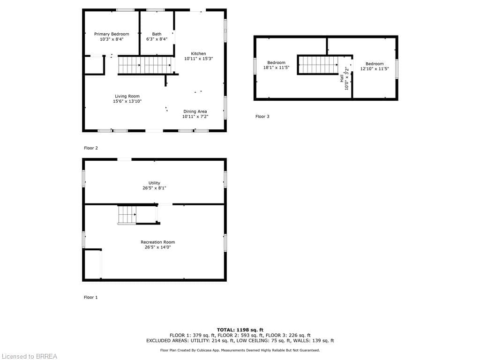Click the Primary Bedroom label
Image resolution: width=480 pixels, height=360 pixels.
[x=112, y=34]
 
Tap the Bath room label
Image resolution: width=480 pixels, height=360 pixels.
[x=157, y=34]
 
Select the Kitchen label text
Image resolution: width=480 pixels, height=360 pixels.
[x=198, y=53]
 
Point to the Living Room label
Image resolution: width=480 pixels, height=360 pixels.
[x=127, y=96]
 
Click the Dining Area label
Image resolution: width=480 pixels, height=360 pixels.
[x=195, y=112]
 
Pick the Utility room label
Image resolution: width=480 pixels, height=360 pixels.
[x=154, y=183]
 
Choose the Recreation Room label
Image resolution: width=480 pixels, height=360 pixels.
[x=157, y=242]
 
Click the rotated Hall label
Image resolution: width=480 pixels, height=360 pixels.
[x=342, y=78]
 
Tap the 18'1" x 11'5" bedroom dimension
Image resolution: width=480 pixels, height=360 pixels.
[x=277, y=68]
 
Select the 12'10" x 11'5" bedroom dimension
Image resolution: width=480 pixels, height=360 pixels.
[x=375, y=69]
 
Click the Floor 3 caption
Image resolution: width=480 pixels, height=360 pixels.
[x=262, y=116]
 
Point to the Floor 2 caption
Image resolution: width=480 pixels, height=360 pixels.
[x=91, y=148]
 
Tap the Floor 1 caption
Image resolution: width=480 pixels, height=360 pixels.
[x=91, y=297]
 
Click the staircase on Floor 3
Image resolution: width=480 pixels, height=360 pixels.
[x=318, y=65]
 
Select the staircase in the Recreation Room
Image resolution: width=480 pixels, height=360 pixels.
[x=127, y=215]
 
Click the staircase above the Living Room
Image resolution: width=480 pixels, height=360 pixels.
[x=145, y=65]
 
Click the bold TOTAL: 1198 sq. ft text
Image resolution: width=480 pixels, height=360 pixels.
[x=240, y=330]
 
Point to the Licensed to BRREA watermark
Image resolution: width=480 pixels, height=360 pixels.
[x=29, y=356]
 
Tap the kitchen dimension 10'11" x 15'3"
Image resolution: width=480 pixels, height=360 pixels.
[x=198, y=59]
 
